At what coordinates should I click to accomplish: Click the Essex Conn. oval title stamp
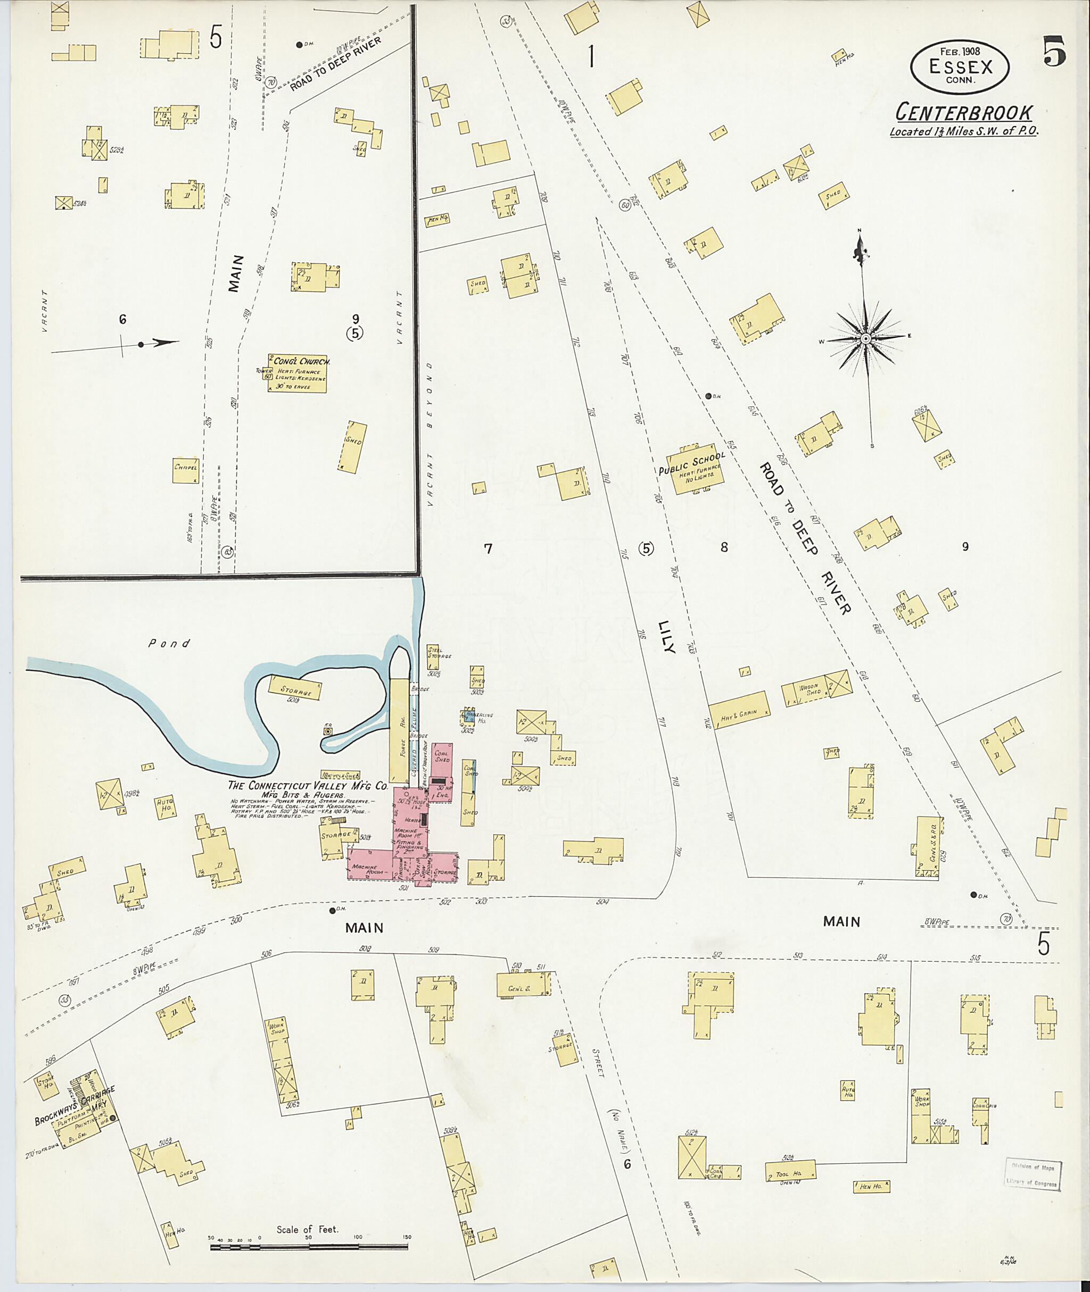pyautogui.click(x=960, y=66)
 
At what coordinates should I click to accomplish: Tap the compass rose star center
pyautogui.click(x=866, y=338)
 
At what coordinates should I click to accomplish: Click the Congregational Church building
pyautogui.click(x=297, y=373)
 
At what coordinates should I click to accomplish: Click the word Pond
pyautogui.click(x=169, y=644)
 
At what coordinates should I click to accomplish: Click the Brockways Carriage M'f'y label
pyautogui.click(x=74, y=1106)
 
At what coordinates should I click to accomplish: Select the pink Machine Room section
pyautogui.click(x=369, y=866)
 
